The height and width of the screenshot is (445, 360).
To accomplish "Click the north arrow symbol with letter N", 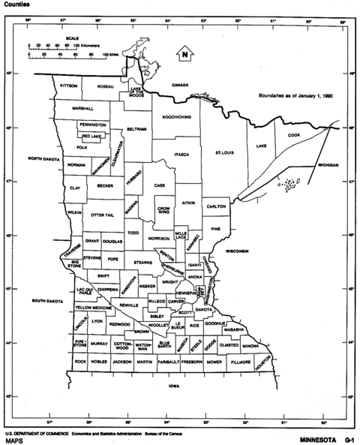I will [182, 53].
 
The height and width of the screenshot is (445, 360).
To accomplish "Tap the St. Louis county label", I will [224, 153].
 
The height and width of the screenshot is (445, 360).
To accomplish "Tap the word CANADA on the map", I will [181, 85].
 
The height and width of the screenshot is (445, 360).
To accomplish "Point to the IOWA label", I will [175, 386].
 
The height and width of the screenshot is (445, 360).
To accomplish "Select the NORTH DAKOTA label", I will [43, 159].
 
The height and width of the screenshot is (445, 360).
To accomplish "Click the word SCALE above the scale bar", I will [73, 38].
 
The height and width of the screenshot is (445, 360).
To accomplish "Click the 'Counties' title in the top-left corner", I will [16, 5].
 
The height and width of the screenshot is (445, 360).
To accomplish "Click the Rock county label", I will [80, 362].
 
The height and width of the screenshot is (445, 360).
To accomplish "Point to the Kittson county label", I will [68, 86].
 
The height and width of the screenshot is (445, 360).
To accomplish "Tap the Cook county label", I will [293, 135].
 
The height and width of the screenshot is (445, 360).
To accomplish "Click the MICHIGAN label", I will [328, 164].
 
